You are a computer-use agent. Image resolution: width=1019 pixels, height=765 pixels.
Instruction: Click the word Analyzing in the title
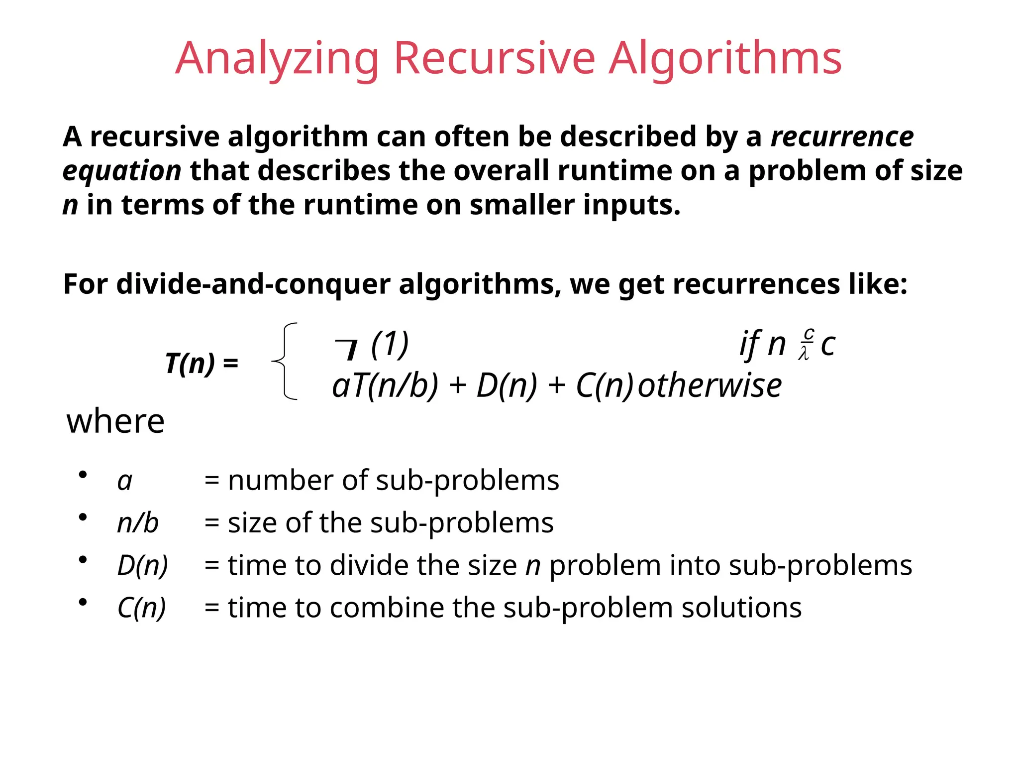(277, 59)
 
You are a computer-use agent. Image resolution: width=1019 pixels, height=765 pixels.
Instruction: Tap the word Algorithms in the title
(725, 59)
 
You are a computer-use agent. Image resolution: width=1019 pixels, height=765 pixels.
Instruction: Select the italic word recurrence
(842, 136)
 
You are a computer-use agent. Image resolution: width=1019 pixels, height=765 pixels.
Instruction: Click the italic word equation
(122, 171)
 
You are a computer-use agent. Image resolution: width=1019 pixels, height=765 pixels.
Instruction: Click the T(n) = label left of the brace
(202, 363)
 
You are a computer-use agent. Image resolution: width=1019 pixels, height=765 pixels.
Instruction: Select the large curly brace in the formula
(286, 361)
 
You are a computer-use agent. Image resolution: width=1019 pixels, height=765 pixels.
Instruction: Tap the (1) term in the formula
(390, 344)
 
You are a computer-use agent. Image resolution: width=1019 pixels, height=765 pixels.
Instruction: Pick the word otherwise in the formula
(710, 386)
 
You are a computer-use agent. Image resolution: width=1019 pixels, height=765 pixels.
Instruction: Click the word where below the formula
(115, 421)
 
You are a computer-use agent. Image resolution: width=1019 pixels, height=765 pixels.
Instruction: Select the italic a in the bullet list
(125, 481)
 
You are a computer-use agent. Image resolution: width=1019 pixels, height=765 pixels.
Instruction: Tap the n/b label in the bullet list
(138, 523)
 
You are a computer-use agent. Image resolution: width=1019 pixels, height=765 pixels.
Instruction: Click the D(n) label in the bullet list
(143, 566)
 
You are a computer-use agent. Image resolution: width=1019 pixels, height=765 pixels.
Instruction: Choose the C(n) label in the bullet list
(142, 608)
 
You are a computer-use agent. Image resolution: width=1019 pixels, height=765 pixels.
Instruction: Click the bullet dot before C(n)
(83, 602)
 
